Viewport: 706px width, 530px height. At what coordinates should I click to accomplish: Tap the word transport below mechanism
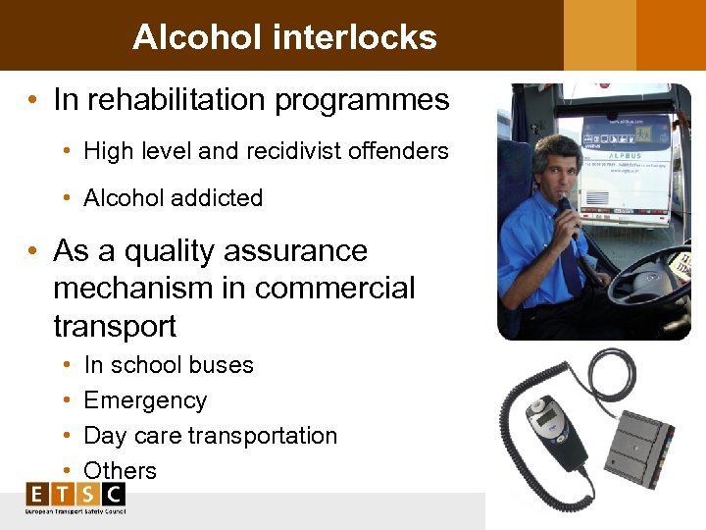click(x=115, y=326)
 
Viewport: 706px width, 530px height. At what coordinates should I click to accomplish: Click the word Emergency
click(x=145, y=400)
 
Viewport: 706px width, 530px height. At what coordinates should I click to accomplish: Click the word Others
click(x=120, y=471)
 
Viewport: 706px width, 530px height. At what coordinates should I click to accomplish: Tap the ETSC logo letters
click(x=76, y=494)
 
